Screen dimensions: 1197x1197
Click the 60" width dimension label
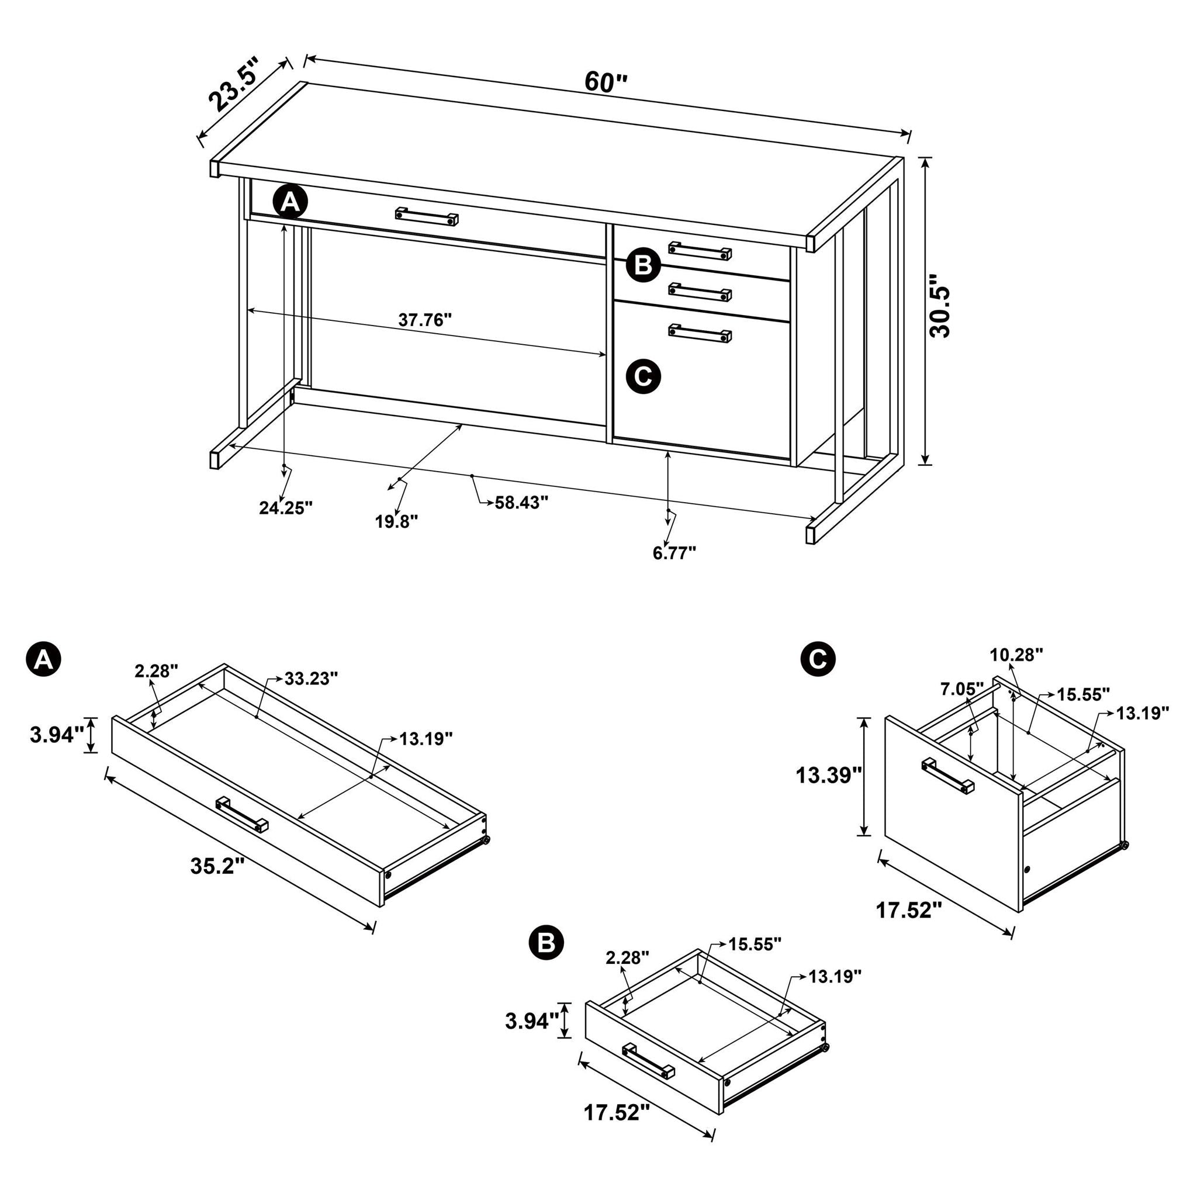(x=606, y=82)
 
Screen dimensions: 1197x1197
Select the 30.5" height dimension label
(x=939, y=311)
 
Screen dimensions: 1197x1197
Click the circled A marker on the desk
(x=290, y=202)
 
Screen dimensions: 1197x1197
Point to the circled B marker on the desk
(x=643, y=265)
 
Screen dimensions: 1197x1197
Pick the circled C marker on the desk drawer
(x=643, y=376)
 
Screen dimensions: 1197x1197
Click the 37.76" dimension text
(x=424, y=320)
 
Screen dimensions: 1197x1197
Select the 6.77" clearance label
(x=674, y=553)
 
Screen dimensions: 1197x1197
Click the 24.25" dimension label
(x=286, y=508)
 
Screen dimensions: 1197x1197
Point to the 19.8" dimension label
(x=396, y=522)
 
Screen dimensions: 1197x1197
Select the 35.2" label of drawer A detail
(x=213, y=866)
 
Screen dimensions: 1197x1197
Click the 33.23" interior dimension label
(x=311, y=679)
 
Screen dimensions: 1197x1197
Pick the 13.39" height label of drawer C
(x=828, y=775)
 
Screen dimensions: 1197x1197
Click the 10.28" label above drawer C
(x=1016, y=655)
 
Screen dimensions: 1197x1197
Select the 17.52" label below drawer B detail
(x=616, y=1130)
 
